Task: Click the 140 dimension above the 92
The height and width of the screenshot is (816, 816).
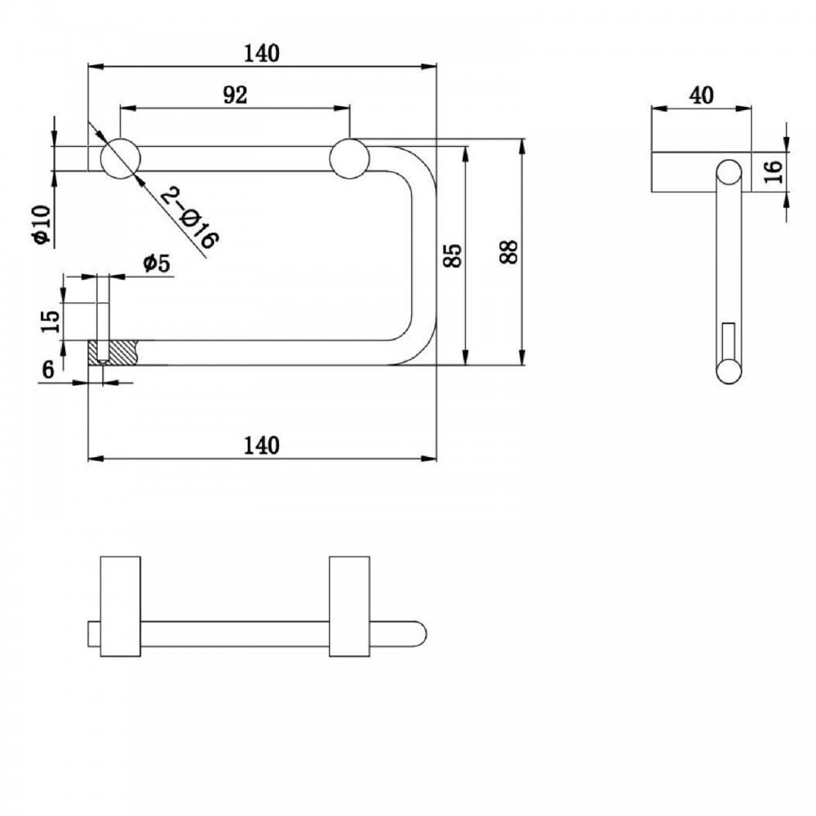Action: point(261,53)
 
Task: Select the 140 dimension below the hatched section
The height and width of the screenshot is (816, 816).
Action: point(261,446)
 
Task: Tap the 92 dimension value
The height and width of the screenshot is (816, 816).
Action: point(235,95)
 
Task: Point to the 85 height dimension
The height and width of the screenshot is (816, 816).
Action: point(455,255)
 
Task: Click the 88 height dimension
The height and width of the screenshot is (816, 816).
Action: point(508,255)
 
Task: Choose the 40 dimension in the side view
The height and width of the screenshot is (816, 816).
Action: point(701,95)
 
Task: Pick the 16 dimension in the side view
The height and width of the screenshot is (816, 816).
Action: point(774,171)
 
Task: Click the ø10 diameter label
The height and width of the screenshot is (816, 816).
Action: point(42,225)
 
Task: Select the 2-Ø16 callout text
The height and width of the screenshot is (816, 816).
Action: point(188,217)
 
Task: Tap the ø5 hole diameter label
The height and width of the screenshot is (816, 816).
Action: point(155,264)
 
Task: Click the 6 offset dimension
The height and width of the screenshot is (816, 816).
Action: point(48,370)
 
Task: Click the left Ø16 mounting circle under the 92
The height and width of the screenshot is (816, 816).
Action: point(120,158)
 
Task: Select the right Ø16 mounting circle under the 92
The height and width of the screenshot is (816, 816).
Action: point(349,158)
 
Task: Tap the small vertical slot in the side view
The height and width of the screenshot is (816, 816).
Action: point(729,339)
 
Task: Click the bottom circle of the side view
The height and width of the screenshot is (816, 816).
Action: point(729,371)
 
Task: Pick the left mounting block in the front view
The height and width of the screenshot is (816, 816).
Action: point(120,606)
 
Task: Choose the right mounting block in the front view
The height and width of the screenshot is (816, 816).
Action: point(349,606)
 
